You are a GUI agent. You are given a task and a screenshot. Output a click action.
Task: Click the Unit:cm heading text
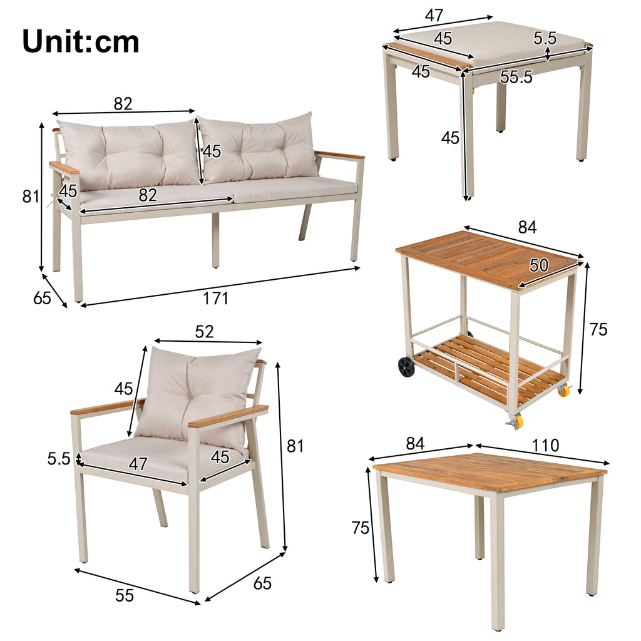coord(81,41)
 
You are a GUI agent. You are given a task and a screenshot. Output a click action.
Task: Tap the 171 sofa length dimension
coord(216,299)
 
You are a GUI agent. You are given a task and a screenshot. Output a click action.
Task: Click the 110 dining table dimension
coord(545,445)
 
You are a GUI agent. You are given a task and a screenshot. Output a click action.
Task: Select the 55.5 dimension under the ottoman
coord(516,77)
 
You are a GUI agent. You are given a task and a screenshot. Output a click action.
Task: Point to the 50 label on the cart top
coord(539,265)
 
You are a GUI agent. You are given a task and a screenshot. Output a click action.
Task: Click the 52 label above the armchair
coord(205,332)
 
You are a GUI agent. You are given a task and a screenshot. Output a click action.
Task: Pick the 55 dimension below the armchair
coord(125,595)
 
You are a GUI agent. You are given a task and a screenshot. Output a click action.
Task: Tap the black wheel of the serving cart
coord(406,366)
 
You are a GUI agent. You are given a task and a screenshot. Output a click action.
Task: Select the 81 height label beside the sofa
coord(31,197)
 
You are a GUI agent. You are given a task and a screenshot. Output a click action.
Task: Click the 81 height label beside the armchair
coord(295,446)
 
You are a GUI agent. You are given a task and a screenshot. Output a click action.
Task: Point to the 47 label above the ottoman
coord(434,16)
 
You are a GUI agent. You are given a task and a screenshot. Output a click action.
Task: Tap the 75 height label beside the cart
coord(598,329)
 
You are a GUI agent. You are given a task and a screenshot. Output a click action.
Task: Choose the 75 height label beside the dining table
coord(361,528)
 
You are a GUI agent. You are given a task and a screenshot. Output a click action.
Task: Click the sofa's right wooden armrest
coord(339,155)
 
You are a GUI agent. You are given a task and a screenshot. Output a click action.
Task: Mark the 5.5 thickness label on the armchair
coord(59,459)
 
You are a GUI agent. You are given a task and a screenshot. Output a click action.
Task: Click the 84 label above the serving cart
coord(527,227)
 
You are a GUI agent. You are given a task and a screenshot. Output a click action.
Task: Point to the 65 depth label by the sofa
coord(42,298)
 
